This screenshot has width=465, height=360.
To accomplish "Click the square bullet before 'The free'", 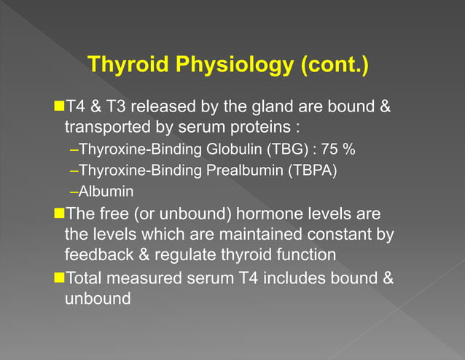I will pyautogui.click(x=60, y=214).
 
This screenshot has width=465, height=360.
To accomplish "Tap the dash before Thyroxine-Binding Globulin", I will pyautogui.click(x=73, y=151).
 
